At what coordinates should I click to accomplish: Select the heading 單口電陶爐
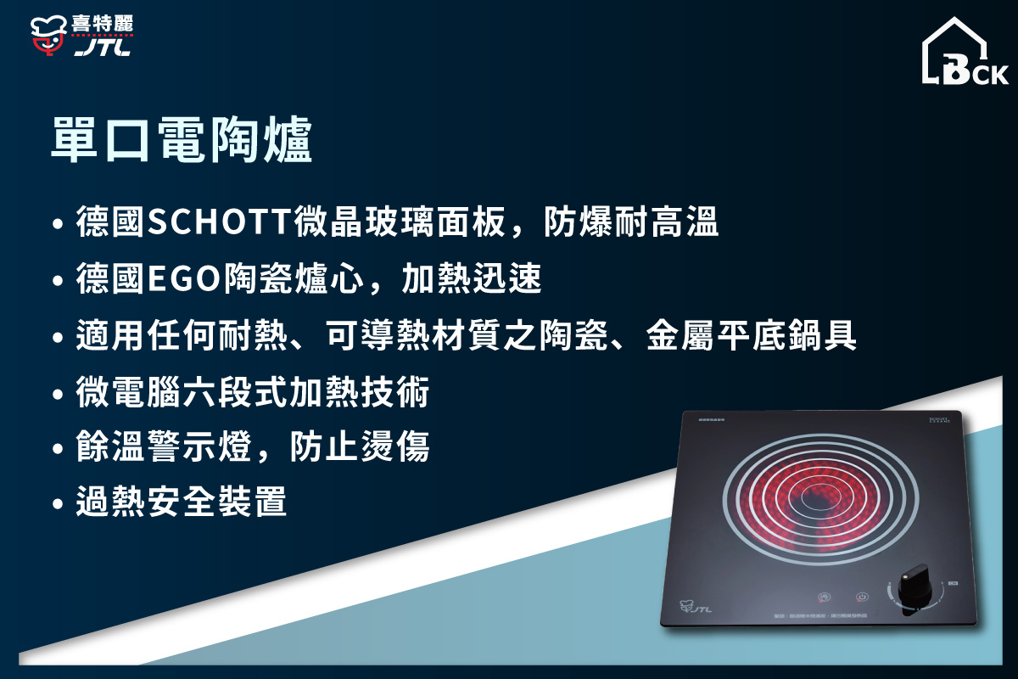(x=182, y=140)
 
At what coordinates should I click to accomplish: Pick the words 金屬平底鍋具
(x=751, y=337)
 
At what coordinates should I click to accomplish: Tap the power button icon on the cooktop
(x=861, y=597)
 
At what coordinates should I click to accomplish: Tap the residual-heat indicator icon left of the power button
(x=823, y=597)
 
